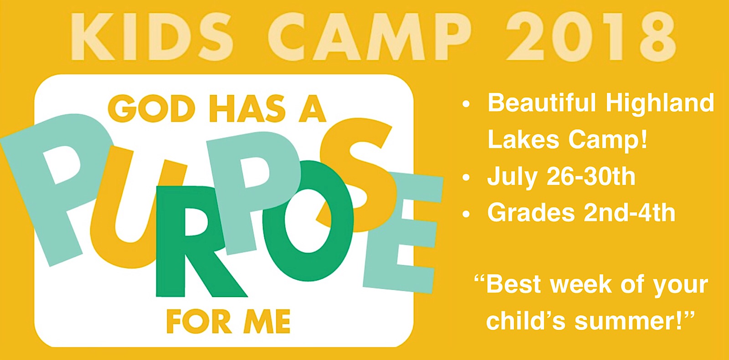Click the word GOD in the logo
pos(151,108)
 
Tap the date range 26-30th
pos(590,177)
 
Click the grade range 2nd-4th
pos(630,212)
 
